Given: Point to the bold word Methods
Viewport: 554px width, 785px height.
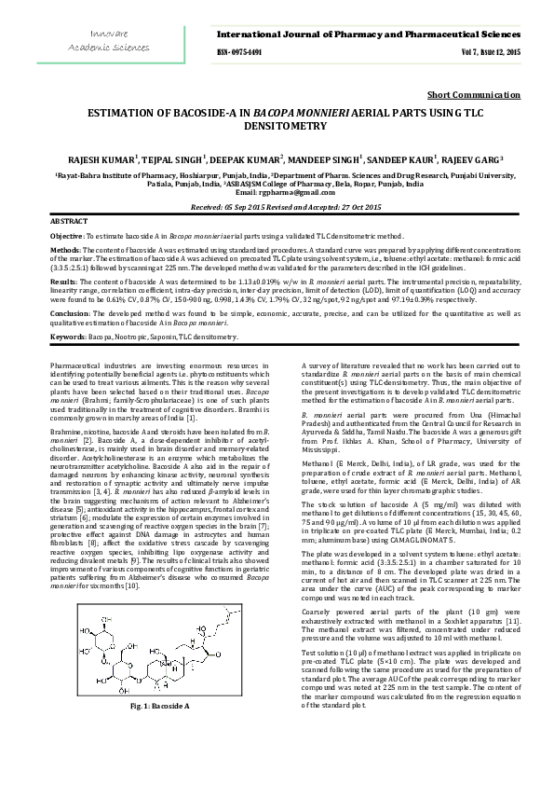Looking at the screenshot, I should [64, 251].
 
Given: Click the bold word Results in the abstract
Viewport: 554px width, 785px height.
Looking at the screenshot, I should [62, 280].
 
